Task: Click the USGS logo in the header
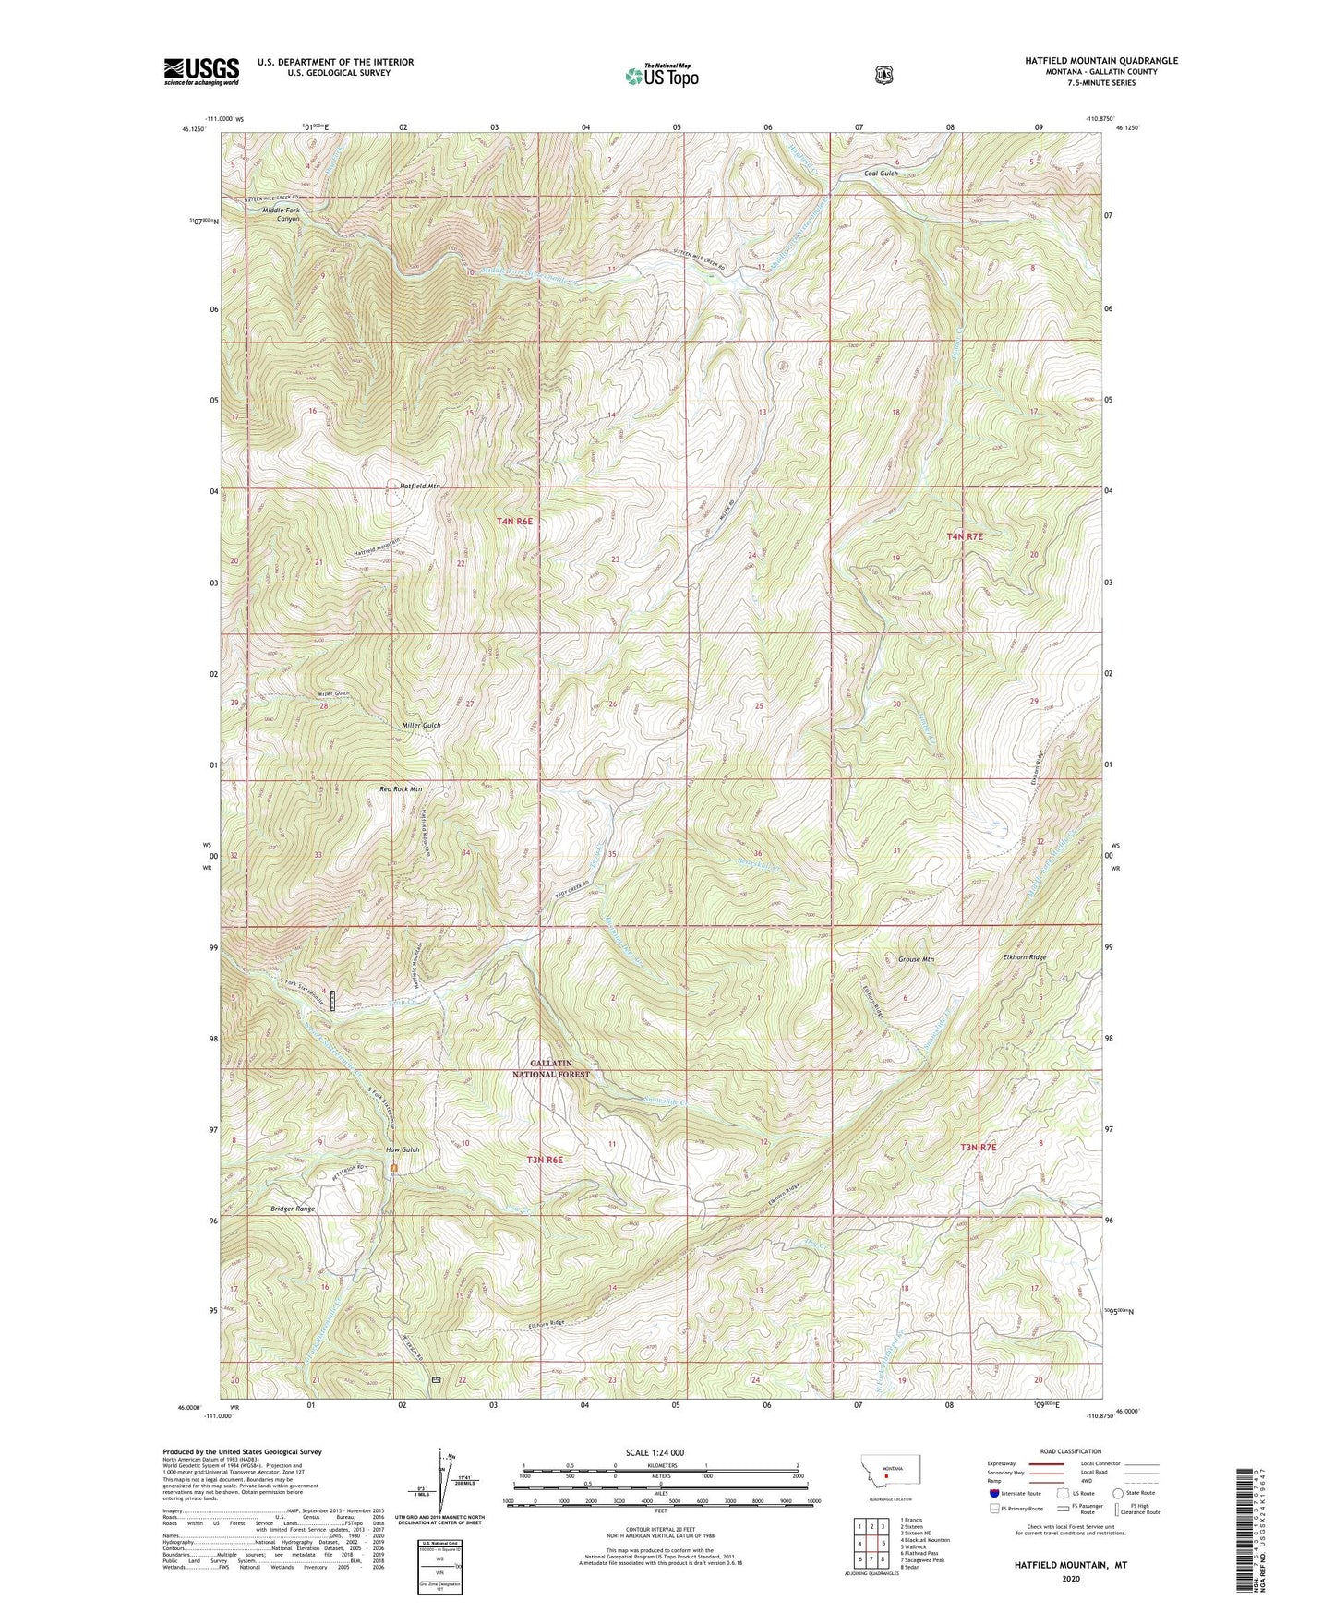(201, 71)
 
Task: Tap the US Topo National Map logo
(661, 75)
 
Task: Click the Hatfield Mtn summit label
(419, 486)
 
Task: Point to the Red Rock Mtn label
(401, 789)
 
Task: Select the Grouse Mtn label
(916, 959)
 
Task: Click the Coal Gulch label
(881, 174)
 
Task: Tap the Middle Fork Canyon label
(281, 214)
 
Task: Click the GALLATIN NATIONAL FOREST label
(551, 1068)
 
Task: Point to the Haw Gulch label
(403, 1149)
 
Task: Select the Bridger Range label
(293, 1209)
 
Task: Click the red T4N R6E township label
(514, 522)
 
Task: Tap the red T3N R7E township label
(977, 1147)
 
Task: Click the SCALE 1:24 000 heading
(655, 1452)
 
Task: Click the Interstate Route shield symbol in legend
(993, 1493)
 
